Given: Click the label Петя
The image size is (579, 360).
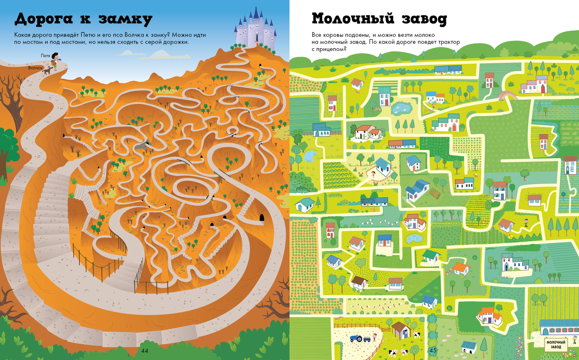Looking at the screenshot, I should pyautogui.click(x=45, y=55).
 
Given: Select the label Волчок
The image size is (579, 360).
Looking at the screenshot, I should pyautogui.click(x=35, y=68).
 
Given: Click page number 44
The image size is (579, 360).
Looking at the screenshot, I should pyautogui.click(x=145, y=351).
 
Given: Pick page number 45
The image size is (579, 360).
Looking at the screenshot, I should pyautogui.click(x=432, y=350).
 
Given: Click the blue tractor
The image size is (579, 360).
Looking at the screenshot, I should pyautogui.click(x=356, y=338).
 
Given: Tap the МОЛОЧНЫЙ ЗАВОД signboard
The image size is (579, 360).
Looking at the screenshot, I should pyautogui.click(x=556, y=344).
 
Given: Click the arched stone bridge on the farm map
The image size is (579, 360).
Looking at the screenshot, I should pyautogui.click(x=506, y=95).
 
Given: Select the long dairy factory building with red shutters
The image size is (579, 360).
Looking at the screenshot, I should pyautogui.click(x=559, y=327).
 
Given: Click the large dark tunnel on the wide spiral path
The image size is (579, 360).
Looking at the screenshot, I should pyautogui.click(x=262, y=218).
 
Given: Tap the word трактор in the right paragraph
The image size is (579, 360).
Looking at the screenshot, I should pyautogui.click(x=446, y=42).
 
